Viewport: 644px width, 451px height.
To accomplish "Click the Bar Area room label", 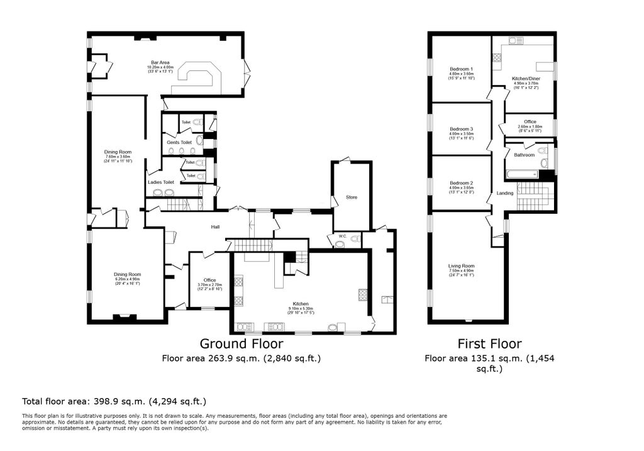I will [159, 62].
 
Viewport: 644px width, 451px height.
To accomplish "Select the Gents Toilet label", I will [179, 143].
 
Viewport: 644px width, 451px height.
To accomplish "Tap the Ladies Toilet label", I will [160, 182].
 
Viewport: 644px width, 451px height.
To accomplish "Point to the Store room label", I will [351, 198].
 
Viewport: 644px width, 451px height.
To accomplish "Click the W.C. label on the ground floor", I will [342, 237].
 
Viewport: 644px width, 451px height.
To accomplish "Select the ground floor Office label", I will [209, 280].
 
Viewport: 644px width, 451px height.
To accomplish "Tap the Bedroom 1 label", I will [461, 69].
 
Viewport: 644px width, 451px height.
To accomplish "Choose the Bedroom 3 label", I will [461, 129].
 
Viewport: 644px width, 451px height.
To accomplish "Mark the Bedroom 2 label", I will [461, 183].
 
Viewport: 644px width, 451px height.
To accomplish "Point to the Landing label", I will [505, 193].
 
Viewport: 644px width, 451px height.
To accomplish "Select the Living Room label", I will [461, 265].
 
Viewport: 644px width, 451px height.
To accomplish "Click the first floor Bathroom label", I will [524, 155].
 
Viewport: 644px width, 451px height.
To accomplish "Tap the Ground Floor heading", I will [241, 344].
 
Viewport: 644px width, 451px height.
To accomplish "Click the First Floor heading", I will [489, 344].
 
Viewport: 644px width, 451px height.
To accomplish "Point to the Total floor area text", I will [114, 401].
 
